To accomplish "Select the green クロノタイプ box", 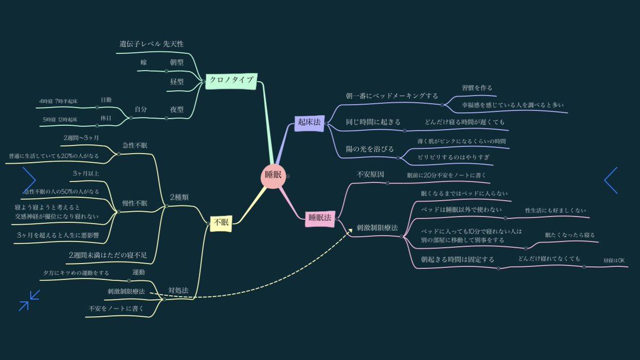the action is pos(231,80).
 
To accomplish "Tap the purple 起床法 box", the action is pos(309,123).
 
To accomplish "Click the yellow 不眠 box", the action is pos(220,223).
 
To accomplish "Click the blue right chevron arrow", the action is pos(611,180).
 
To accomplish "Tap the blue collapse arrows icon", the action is pos(29,300).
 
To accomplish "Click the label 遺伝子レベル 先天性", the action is pos(151,44).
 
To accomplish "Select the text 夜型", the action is pos(177,109).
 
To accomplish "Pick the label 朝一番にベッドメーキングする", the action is pos(392,96).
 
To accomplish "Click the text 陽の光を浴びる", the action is pos(370,149).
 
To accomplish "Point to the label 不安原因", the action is pos(370,174).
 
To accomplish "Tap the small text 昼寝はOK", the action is pos(614,260).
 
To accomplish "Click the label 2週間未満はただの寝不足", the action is pos(111,255).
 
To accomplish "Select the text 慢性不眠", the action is pos(134,203).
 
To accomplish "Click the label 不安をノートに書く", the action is pos(116,308).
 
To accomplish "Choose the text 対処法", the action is pos(178,290).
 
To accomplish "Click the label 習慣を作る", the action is pos(477,87).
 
